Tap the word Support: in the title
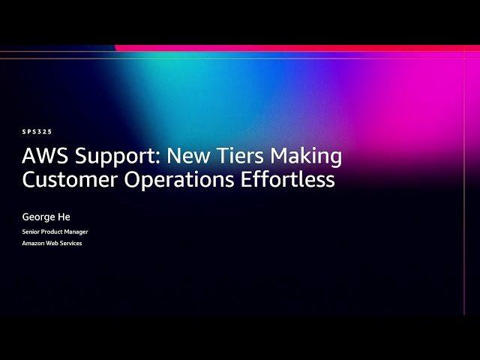click(x=115, y=157)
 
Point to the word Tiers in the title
click(x=240, y=157)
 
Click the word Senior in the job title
click(x=31, y=232)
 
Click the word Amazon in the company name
click(x=33, y=243)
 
